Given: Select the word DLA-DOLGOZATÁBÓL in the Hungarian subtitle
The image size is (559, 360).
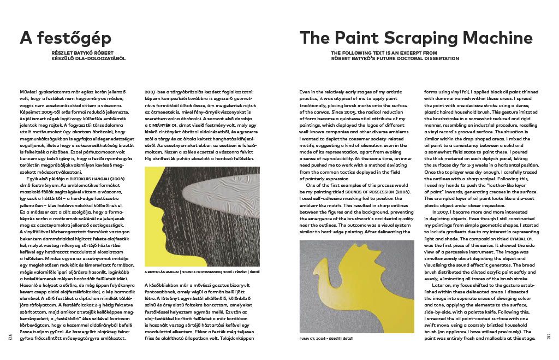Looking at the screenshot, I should (x=90, y=58).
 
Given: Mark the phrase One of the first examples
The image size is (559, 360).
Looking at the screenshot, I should (x=336, y=186).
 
